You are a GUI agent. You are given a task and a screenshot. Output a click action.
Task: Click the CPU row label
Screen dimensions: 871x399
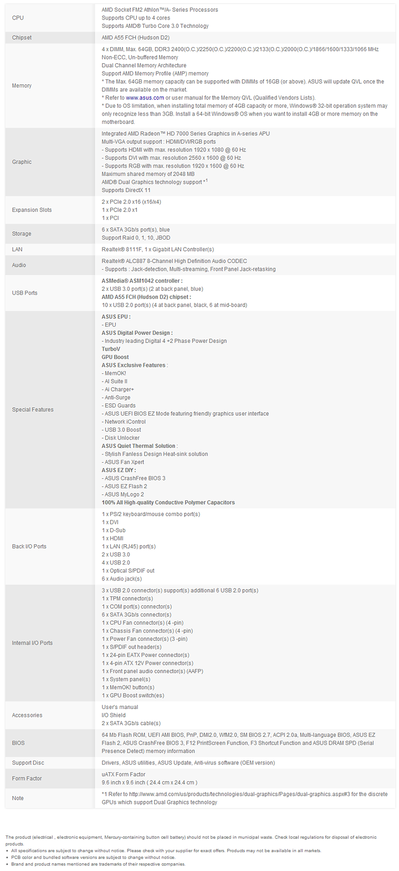(x=18, y=18)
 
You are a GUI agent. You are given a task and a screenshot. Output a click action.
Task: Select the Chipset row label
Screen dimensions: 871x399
(x=22, y=38)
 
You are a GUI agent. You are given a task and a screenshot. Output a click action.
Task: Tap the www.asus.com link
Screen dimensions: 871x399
(x=145, y=98)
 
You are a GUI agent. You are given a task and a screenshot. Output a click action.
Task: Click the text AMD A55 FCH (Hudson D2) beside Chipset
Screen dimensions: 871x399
(x=135, y=38)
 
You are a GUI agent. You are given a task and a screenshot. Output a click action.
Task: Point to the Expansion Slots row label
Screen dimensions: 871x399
(x=32, y=210)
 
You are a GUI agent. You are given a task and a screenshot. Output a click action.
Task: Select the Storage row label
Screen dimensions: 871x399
(x=22, y=234)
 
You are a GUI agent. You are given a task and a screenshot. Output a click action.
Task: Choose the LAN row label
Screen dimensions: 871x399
(x=17, y=250)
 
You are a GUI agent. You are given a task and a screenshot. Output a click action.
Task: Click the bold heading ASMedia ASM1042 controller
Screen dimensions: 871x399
(x=142, y=281)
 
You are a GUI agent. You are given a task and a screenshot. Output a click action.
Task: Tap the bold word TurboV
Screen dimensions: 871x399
(x=111, y=349)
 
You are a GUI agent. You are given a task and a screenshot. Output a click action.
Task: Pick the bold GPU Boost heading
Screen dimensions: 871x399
(x=115, y=357)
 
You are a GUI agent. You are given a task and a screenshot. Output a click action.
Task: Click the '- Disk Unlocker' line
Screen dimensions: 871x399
(x=121, y=438)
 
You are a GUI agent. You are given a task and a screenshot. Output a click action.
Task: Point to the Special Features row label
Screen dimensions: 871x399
(x=33, y=409)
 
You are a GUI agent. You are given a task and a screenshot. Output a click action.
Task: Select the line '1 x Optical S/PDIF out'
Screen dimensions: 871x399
(x=128, y=570)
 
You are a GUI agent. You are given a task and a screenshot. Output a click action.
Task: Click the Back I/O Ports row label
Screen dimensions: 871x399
(x=29, y=546)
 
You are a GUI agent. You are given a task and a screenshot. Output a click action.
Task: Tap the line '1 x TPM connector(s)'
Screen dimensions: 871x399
(x=127, y=599)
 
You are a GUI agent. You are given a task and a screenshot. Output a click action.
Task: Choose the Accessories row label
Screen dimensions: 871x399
(x=27, y=715)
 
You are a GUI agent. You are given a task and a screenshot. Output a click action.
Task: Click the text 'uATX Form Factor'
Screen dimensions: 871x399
(x=123, y=774)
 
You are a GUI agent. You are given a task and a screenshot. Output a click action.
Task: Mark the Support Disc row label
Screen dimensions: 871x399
(x=28, y=763)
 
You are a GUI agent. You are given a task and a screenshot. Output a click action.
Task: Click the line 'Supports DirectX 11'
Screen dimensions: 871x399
(x=126, y=190)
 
